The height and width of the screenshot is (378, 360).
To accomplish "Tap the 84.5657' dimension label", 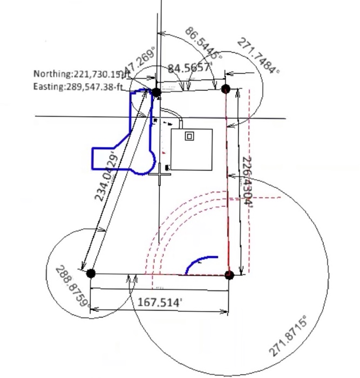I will [x=189, y=69].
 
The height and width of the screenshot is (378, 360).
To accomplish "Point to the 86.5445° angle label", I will [x=204, y=43].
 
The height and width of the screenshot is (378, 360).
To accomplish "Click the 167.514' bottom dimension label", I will [x=159, y=301].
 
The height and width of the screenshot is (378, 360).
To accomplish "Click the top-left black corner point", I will [x=157, y=92].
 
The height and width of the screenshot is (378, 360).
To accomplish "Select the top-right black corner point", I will [x=226, y=89].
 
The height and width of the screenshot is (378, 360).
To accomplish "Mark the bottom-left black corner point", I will [x=91, y=274].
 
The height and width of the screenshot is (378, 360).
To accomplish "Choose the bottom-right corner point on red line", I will [x=229, y=274].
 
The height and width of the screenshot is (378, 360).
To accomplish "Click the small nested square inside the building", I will [x=189, y=136].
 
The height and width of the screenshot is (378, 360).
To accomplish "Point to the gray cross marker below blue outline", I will [x=160, y=175].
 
